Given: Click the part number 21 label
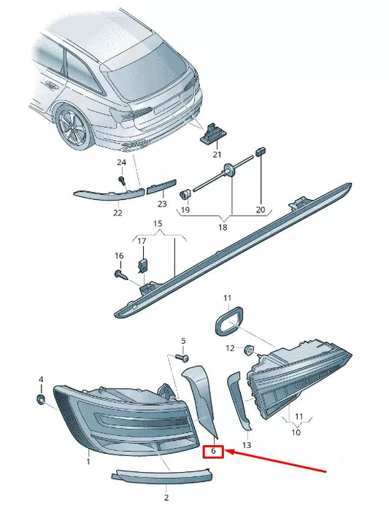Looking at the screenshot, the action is pos(217,155).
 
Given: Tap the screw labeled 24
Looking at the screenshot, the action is pos(122,181).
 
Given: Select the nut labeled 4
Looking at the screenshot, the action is pos(41,399).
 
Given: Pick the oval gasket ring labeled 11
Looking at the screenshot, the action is pos(229,321).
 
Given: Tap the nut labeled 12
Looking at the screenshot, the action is pos(249,350).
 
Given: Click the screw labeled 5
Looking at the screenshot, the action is pos(182,358).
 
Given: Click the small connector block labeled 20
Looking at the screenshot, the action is pos(261,151).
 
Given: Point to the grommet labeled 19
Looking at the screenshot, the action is pos(185,194).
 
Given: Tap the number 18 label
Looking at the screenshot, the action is pos(223,227).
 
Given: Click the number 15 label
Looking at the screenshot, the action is pos(158,223).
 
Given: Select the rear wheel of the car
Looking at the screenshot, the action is pos(74,126).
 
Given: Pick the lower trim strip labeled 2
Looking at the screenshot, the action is pos(162,476).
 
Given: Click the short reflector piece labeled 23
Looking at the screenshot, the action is pos(161,186).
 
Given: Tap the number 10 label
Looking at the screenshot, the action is pos(296,433).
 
